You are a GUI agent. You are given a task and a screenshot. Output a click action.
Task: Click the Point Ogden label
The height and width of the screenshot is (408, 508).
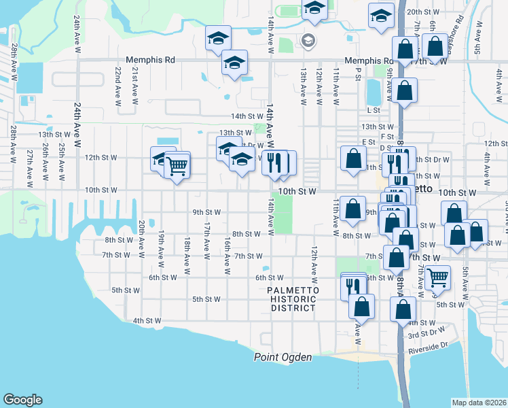283,357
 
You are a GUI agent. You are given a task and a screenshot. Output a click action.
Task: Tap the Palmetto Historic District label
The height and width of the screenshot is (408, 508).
291,299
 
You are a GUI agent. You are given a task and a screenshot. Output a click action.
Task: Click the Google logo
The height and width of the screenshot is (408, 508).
22,400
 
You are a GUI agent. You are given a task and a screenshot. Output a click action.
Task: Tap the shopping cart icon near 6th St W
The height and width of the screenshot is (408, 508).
438,277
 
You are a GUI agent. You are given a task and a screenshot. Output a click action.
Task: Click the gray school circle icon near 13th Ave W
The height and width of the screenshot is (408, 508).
308,41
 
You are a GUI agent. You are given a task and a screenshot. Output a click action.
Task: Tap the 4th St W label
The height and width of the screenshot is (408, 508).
147,320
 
